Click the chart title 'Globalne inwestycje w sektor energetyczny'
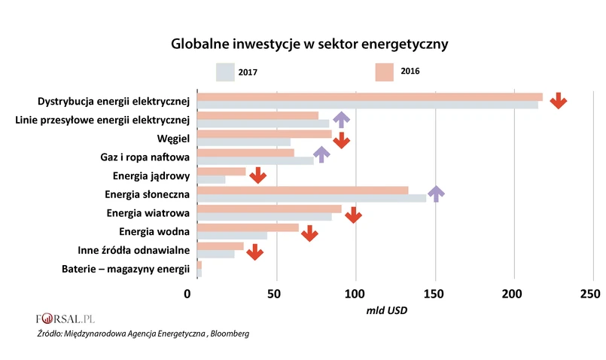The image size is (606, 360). (309, 44)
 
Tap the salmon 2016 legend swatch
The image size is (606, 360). (384, 72)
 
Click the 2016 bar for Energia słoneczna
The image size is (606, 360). (301, 190)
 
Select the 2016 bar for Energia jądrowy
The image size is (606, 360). (221, 171)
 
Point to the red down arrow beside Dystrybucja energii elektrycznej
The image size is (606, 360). (558, 101)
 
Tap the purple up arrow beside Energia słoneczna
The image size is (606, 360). (436, 194)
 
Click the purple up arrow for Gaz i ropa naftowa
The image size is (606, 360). (321, 154)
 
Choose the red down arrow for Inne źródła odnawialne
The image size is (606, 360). (255, 251)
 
